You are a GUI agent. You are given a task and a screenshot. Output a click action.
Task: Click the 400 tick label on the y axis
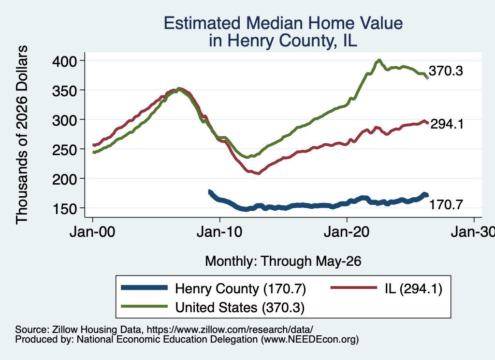[x=64, y=61]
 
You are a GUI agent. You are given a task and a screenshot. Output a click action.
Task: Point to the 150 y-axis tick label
[x=64, y=209]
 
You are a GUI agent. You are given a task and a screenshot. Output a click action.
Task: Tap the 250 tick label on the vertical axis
[x=64, y=149]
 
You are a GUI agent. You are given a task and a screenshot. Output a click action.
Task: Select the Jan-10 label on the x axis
[x=219, y=232]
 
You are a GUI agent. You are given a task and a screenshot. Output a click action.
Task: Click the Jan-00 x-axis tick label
[x=92, y=232]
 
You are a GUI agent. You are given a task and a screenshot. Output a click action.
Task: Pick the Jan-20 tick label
[x=347, y=232]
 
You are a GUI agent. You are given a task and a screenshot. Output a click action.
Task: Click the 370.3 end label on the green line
[x=446, y=71]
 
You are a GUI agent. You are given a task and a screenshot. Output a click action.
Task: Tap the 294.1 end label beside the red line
[x=447, y=124]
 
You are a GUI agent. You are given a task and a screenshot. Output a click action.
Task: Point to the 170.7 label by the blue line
[x=446, y=205]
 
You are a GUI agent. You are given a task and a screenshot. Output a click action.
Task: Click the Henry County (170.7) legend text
[x=241, y=288]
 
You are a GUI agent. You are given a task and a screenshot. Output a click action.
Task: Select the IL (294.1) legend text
[x=414, y=288]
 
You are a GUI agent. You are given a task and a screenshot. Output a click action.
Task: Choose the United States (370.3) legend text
[x=240, y=307]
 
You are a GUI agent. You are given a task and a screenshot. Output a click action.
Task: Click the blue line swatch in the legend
[x=144, y=288]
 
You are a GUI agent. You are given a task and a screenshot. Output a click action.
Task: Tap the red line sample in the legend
[x=353, y=288]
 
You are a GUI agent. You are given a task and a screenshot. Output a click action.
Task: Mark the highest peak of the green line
[x=379, y=60]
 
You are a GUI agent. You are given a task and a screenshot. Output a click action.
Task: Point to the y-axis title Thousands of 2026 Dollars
[x=22, y=135]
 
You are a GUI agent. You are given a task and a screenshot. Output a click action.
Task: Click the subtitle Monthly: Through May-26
[x=283, y=261]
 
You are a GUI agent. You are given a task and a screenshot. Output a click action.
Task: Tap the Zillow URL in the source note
[x=230, y=330]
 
